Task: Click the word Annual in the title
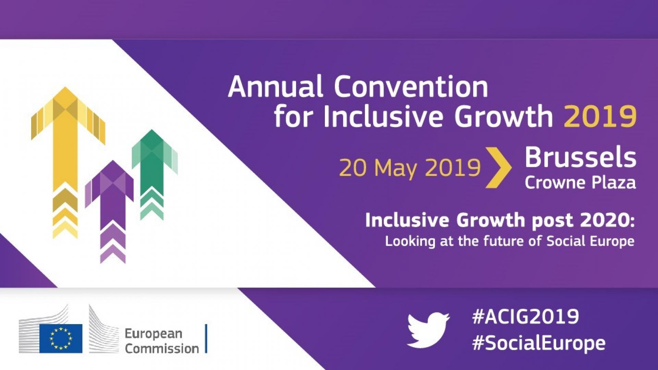click(276, 86)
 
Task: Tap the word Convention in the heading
click(411, 86)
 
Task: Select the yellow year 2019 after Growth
click(600, 116)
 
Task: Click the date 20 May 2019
click(410, 168)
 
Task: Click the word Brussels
click(580, 157)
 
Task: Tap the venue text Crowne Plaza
click(580, 182)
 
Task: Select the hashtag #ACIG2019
click(525, 316)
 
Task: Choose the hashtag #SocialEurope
click(538, 343)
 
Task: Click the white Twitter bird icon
click(428, 331)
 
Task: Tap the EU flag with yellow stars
click(61, 338)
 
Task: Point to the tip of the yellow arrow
click(65, 87)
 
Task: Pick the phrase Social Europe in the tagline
click(590, 241)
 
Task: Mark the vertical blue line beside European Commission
click(206, 338)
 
